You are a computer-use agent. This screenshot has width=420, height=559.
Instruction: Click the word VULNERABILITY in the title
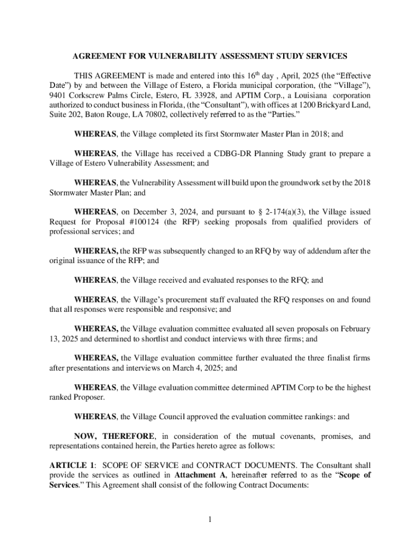tap(176, 56)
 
